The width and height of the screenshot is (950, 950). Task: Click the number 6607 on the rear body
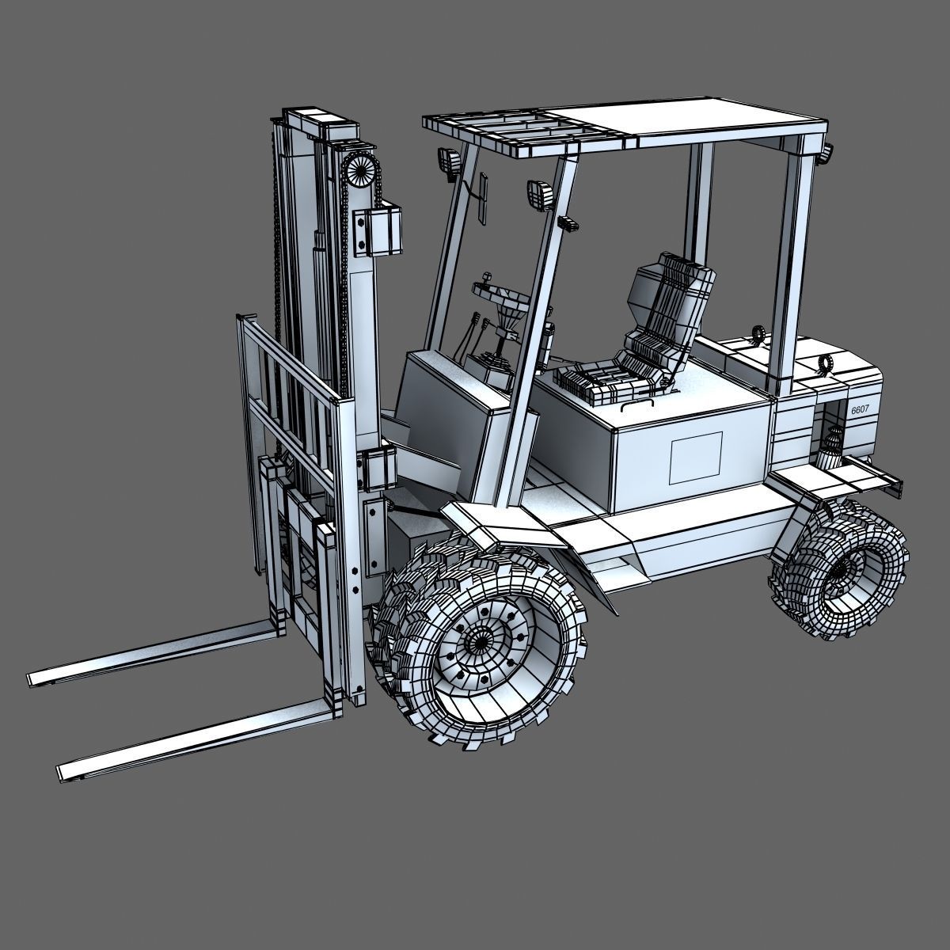tap(861, 410)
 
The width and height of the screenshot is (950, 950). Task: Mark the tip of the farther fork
tap(36, 678)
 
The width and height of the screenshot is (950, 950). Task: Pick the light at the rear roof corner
tap(827, 154)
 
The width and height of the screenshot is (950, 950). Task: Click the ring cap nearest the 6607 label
tap(826, 363)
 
